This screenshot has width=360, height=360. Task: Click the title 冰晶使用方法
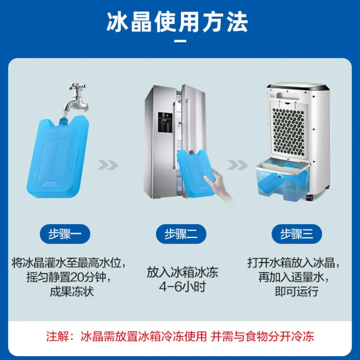click(x=177, y=22)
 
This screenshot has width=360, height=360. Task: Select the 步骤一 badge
click(x=65, y=234)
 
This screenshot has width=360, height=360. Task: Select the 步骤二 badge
click(x=181, y=234)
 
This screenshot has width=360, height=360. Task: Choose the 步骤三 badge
click(x=297, y=234)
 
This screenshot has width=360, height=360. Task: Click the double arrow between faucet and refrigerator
click(x=108, y=165)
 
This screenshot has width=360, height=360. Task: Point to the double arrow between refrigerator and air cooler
click(x=238, y=165)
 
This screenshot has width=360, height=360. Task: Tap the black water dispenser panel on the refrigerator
click(x=165, y=122)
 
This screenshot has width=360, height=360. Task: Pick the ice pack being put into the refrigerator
click(x=195, y=173)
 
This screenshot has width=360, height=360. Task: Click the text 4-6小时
click(x=182, y=287)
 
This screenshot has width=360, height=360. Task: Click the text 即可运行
click(x=297, y=292)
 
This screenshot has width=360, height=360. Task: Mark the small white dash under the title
click(x=180, y=41)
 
